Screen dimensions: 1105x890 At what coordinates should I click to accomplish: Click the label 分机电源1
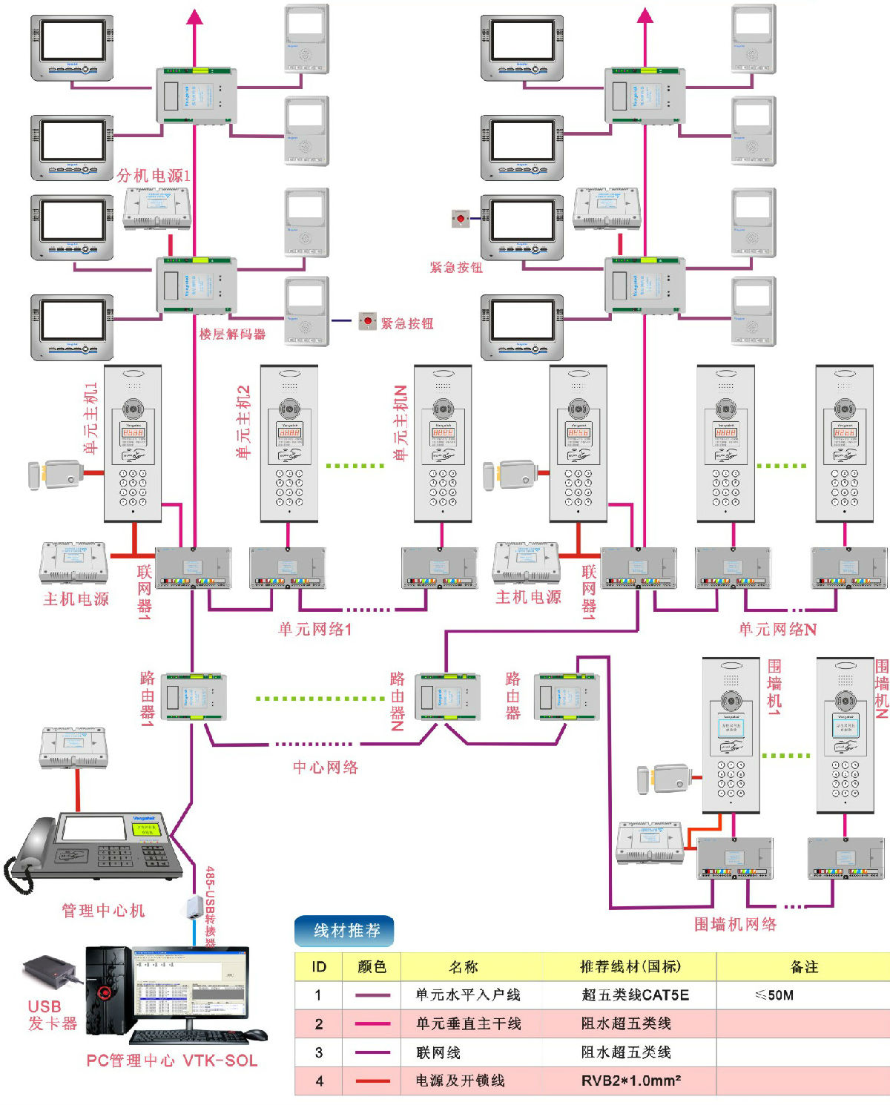point(154,176)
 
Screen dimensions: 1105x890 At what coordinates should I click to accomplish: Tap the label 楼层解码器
point(232,334)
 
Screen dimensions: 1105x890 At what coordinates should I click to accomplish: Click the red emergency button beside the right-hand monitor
point(461,218)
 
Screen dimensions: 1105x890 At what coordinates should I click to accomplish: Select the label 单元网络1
point(315,630)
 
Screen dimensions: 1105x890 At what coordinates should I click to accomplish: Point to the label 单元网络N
point(777,630)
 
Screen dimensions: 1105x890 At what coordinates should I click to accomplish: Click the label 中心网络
point(326,768)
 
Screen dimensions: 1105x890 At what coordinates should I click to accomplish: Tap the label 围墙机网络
point(735,924)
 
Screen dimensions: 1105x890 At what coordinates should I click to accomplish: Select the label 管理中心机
point(103,911)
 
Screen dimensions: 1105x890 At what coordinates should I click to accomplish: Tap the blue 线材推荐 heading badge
point(345,931)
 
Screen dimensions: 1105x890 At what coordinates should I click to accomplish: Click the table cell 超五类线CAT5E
point(635,995)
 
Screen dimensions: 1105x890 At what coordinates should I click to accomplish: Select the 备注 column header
point(804,967)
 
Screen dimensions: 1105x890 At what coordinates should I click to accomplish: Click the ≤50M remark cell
point(774,995)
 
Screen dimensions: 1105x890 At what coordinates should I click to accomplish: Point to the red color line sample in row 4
point(372,1081)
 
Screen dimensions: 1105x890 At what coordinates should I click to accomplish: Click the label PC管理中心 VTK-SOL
point(172,1061)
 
